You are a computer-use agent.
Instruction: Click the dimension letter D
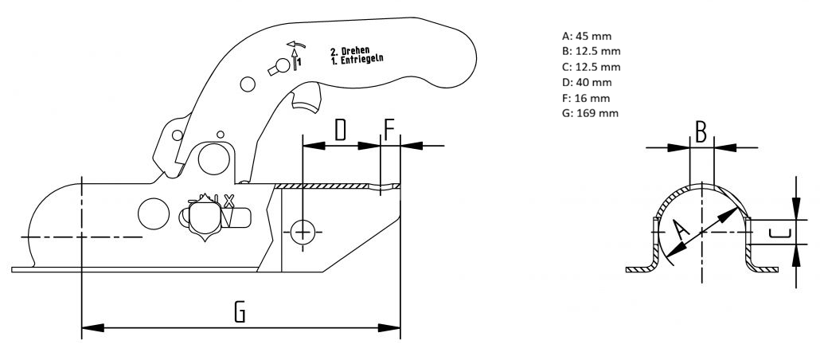point(340,130)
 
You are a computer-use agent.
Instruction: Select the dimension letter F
point(389,130)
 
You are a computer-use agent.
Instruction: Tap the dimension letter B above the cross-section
point(701,132)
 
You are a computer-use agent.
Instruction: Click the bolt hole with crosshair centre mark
point(303,232)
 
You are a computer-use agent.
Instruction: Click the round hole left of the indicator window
point(153,212)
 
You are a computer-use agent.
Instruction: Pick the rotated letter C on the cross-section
point(780,233)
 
